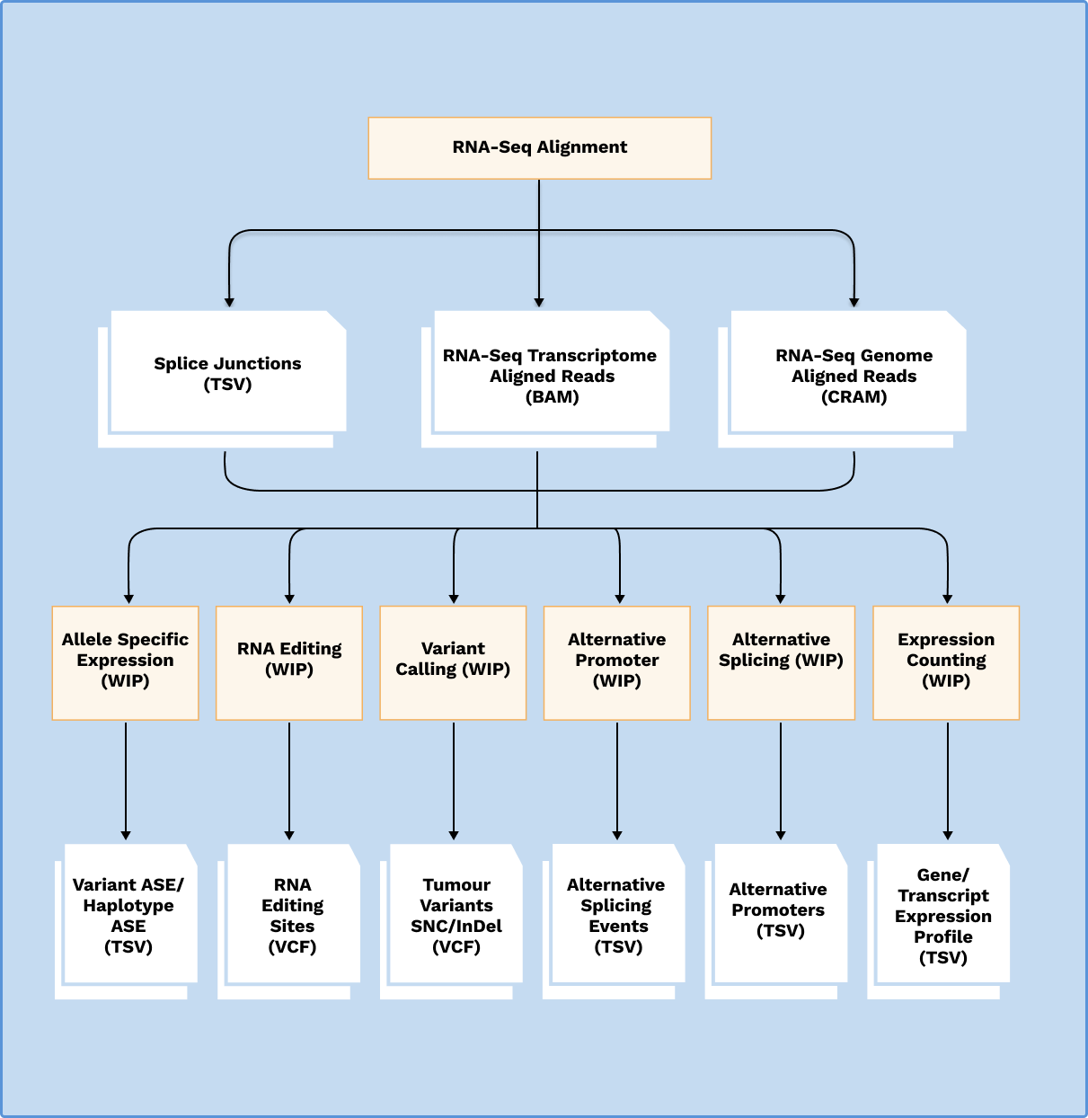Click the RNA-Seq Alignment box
click(x=539, y=147)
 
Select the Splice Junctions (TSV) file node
click(x=227, y=374)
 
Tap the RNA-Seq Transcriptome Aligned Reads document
click(x=551, y=375)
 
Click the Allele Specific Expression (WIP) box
click(x=125, y=661)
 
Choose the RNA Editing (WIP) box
click(x=289, y=661)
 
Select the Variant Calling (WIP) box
click(x=453, y=661)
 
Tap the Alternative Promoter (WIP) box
click(x=617, y=661)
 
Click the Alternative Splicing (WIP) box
click(x=781, y=661)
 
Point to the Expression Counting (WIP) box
click(x=946, y=661)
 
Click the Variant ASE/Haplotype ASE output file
click(x=128, y=915)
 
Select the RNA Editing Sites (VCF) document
click(x=292, y=915)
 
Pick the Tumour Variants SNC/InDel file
click(x=456, y=915)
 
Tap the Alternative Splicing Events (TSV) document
click(x=617, y=915)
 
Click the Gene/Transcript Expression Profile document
click(x=942, y=915)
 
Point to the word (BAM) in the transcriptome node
click(x=552, y=397)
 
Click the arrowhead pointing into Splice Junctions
click(x=229, y=302)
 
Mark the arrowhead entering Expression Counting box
click(x=947, y=599)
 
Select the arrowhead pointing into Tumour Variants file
click(x=454, y=835)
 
